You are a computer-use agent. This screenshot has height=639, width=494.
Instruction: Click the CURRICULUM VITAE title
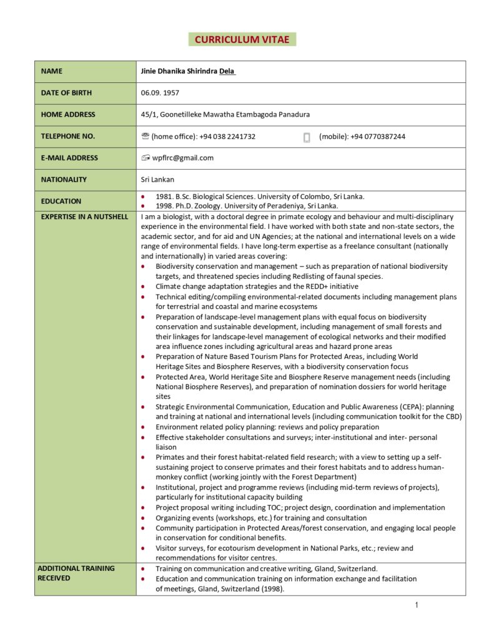point(242,39)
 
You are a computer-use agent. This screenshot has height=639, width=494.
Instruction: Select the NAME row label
point(52,71)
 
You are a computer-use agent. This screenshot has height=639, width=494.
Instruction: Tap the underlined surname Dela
point(227,71)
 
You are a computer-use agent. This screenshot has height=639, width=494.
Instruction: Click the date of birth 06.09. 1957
point(160,93)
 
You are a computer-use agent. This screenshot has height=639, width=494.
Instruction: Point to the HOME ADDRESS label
point(68,115)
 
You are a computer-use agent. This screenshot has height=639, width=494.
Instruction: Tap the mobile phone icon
point(307,137)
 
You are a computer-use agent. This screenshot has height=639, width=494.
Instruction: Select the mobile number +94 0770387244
point(377,137)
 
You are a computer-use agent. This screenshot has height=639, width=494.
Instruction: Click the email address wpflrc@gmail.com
point(182,158)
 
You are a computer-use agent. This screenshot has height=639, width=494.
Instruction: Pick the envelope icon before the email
point(146,158)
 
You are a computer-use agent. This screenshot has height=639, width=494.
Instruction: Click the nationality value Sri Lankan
point(157,180)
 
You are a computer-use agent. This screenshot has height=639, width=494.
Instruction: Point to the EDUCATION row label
point(61,202)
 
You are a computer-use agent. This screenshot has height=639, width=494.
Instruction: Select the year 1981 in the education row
point(164,197)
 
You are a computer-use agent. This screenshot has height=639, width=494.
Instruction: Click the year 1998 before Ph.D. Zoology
point(164,206)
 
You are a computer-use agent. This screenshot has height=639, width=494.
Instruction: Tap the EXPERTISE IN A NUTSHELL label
point(84,217)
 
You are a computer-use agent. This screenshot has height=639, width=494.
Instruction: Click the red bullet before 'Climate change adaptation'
point(143,286)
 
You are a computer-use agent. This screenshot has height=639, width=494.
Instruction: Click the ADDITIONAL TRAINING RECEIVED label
point(76,573)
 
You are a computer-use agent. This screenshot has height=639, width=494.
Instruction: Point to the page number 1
point(416,605)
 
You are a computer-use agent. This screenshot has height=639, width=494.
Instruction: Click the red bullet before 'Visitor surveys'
point(143,549)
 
